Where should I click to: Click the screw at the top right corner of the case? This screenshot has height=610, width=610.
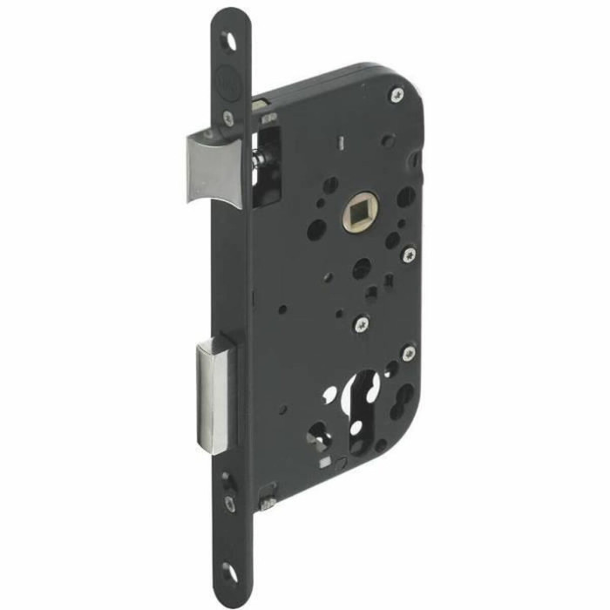[397, 94]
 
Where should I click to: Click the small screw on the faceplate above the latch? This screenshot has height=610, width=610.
[227, 116]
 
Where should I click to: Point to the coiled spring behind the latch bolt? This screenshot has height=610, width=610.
[259, 160]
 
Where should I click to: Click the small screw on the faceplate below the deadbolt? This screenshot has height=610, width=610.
[228, 503]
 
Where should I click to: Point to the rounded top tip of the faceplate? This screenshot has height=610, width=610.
[231, 15]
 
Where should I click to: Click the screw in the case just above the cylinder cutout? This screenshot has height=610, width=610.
[362, 324]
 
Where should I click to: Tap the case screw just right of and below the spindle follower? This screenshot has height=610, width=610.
[408, 254]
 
